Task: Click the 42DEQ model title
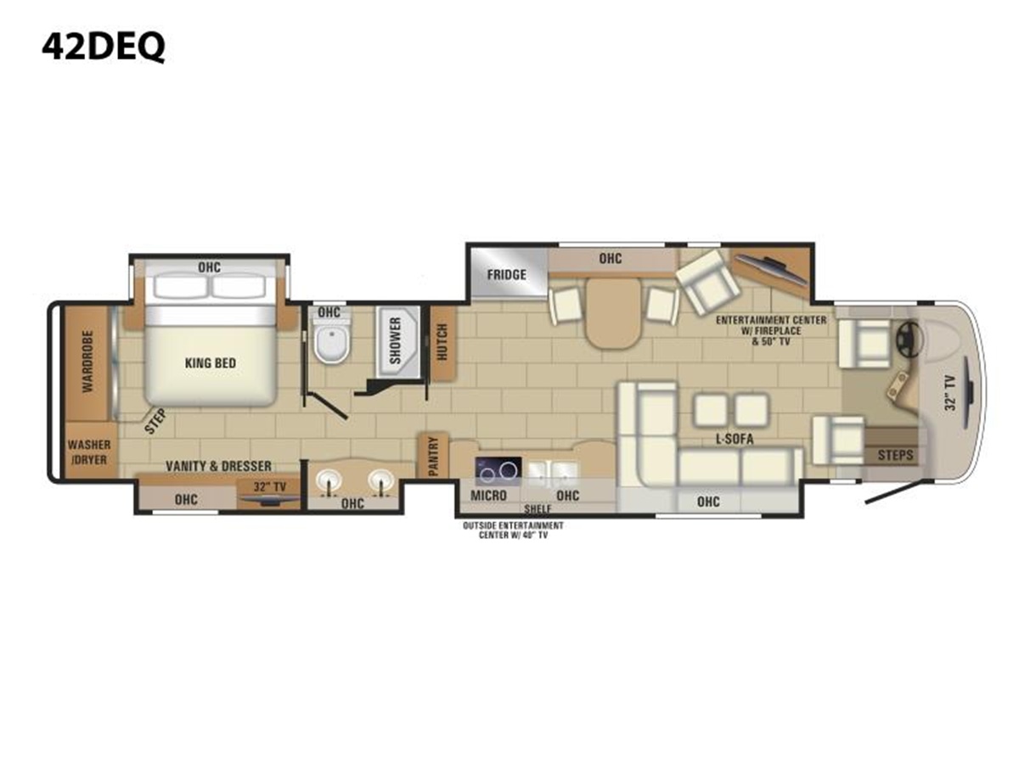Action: click(103, 48)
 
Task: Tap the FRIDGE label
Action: click(506, 275)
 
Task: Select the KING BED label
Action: click(211, 362)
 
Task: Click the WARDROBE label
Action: click(87, 362)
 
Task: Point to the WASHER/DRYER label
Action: click(89, 452)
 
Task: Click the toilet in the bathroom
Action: click(330, 342)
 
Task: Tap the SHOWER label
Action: click(396, 341)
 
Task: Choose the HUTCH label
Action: click(442, 342)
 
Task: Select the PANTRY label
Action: click(433, 457)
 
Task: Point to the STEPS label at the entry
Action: click(896, 455)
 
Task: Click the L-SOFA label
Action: click(735, 438)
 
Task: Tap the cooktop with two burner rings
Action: click(498, 471)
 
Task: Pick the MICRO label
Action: click(488, 496)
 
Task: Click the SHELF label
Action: click(538, 508)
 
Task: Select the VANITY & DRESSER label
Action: click(218, 466)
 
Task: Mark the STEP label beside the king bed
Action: click(155, 421)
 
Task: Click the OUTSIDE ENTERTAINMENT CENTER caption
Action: click(513, 531)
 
